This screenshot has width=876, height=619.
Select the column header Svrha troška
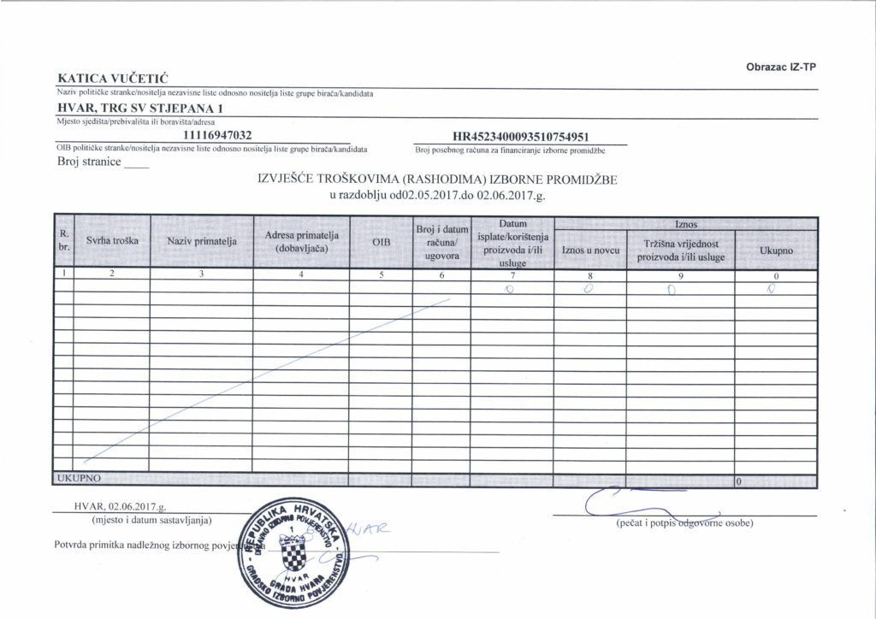113,242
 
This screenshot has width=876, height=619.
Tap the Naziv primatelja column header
202,242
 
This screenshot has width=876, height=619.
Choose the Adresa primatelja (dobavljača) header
302,241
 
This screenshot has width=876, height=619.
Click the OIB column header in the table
382,243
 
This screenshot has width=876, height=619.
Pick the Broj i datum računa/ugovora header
441,242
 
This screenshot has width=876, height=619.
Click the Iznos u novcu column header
589,251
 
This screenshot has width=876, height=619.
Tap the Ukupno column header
776,251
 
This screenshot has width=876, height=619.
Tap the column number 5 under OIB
382,275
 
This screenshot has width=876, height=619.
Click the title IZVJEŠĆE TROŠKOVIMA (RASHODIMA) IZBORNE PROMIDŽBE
436,180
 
